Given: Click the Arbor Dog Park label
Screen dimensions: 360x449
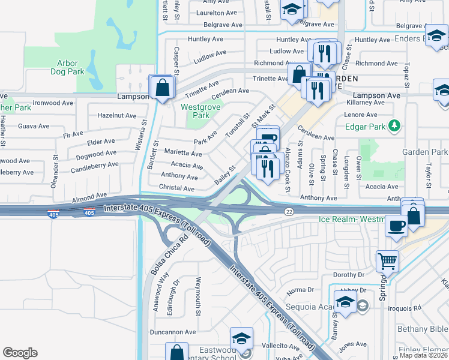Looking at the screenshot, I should click(x=71, y=67).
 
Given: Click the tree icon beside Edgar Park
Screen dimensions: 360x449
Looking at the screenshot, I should click(x=394, y=126).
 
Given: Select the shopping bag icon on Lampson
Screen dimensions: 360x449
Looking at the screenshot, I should click(x=162, y=88).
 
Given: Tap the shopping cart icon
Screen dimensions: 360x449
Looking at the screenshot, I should click(x=387, y=261).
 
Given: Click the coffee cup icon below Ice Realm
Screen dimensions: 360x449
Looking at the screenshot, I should click(x=396, y=226).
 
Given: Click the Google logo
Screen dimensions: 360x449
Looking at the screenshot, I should click(x=20, y=353).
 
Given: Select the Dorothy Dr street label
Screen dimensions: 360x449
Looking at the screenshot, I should click(x=349, y=274).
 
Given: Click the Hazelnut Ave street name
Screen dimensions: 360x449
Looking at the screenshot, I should click(x=116, y=115).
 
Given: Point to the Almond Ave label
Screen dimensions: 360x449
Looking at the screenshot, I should click(x=89, y=197).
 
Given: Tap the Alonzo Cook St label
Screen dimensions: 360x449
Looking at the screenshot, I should click(x=288, y=170).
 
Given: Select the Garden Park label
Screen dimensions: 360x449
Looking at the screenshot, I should click(x=425, y=152).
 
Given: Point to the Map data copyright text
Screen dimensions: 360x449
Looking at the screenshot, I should click(x=423, y=355).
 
